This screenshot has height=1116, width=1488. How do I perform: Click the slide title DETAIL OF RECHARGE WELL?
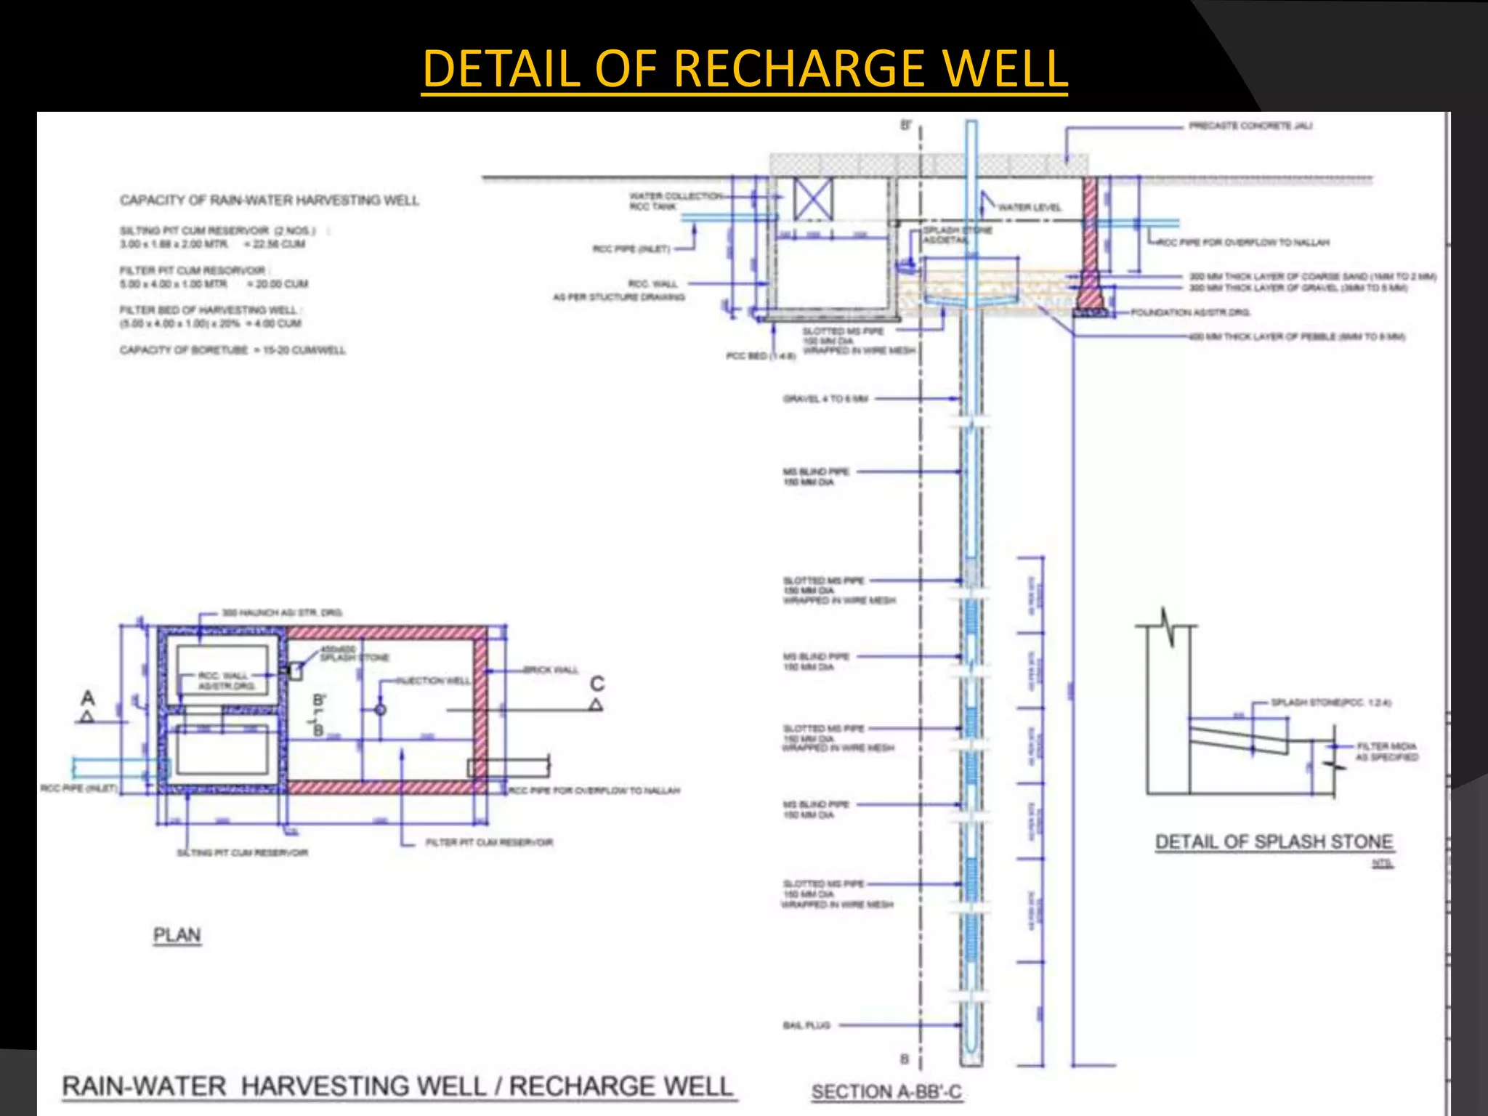tap(744, 69)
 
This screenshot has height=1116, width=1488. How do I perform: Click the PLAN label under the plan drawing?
tap(177, 935)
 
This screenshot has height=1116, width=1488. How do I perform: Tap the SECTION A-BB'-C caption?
tap(886, 1092)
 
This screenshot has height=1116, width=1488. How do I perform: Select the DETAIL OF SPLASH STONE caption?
tap(1274, 842)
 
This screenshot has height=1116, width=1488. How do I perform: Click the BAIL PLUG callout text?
tap(806, 1025)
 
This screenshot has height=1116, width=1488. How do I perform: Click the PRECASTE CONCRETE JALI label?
tap(1250, 126)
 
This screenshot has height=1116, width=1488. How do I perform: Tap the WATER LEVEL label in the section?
tap(1029, 208)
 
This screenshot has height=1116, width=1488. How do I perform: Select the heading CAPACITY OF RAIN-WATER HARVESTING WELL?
tap(270, 200)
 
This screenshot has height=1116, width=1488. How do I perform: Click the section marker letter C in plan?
tap(597, 684)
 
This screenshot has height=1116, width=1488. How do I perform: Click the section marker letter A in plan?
tap(88, 698)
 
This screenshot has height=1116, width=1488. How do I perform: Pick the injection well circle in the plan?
tap(380, 709)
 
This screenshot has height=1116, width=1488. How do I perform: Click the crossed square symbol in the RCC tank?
tap(812, 198)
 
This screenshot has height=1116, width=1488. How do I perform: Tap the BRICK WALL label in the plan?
tap(551, 669)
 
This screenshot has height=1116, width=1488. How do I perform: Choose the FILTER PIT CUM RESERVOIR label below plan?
tap(489, 843)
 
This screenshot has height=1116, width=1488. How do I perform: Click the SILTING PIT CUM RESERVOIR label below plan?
tap(243, 852)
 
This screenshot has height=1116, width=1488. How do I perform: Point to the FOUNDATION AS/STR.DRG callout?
tap(1189, 312)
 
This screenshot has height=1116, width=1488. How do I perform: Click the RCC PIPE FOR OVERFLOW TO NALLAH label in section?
tap(1243, 243)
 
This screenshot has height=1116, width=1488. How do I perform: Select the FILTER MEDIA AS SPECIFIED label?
tap(1386, 751)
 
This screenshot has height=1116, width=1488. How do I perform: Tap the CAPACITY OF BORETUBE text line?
tap(232, 350)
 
